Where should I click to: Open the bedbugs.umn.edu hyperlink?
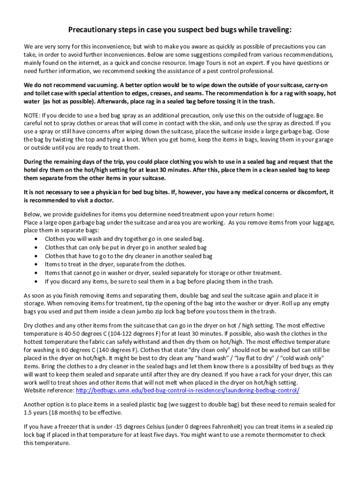click(187, 390)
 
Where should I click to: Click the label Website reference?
click(49, 390)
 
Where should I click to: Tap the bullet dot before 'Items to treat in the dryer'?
click(36, 264)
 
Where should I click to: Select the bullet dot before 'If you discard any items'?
click(36, 282)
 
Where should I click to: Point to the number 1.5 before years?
click(28, 412)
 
